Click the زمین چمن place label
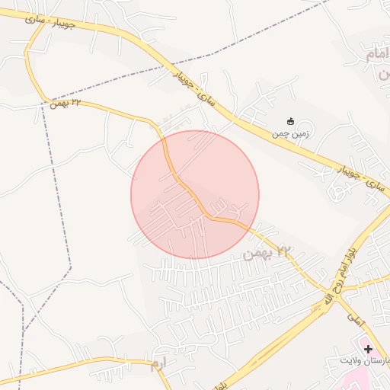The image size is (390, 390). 289,133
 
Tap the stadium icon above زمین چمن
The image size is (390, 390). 290,121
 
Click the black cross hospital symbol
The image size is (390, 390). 368,348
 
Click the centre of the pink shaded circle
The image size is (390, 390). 195,195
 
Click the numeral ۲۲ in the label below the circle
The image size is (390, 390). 285,251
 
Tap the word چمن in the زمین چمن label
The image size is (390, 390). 280,133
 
